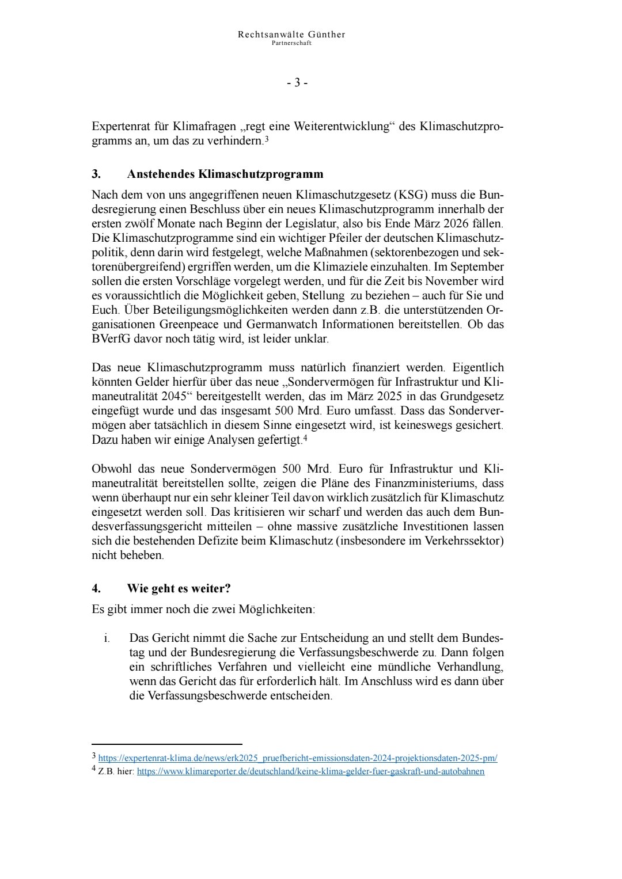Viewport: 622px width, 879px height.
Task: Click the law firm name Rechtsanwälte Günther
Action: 291,35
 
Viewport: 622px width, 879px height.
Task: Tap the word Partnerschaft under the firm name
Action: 291,43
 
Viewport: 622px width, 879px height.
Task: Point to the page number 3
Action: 297,83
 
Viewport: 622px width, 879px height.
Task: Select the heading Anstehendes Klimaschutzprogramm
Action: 225,174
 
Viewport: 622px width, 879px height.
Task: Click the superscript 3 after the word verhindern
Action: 266,139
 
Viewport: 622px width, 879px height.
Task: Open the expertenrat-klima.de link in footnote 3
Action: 298,758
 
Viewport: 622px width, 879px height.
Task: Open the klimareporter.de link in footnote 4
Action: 310,771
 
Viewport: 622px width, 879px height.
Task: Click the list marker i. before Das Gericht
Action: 107,638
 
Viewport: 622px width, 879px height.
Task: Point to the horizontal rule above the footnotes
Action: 167,744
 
